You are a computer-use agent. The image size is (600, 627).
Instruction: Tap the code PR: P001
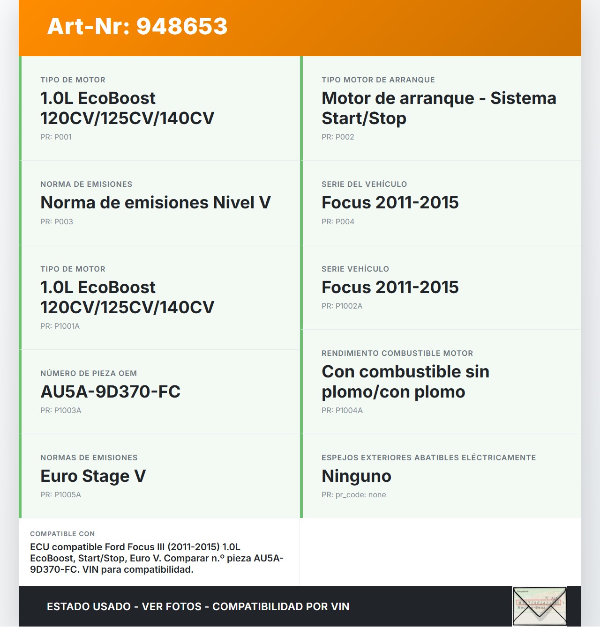56,137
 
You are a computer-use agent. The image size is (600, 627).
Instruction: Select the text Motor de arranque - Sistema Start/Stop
438,108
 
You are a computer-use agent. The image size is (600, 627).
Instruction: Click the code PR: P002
337,137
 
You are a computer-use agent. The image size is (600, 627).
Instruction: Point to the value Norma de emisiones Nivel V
155,203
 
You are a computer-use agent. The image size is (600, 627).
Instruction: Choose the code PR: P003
56,222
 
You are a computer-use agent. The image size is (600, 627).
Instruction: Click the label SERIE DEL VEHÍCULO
364,184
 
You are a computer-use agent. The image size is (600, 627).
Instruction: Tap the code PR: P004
337,222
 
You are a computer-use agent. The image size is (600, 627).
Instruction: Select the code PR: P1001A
60,326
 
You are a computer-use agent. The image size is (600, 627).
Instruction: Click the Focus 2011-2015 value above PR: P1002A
390,288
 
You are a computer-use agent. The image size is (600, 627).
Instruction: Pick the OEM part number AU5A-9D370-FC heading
110,392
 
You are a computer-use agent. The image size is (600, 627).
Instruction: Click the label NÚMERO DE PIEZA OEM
88,374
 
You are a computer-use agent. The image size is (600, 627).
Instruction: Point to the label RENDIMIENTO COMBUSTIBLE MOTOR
397,354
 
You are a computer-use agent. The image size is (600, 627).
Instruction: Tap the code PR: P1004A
342,411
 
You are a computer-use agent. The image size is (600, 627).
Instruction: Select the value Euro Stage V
93,476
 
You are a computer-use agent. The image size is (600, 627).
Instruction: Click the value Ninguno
356,476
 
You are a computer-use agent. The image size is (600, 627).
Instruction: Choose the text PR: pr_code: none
353,495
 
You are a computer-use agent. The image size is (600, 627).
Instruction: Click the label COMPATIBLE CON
62,534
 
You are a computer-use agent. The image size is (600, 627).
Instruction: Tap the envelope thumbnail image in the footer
539,606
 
